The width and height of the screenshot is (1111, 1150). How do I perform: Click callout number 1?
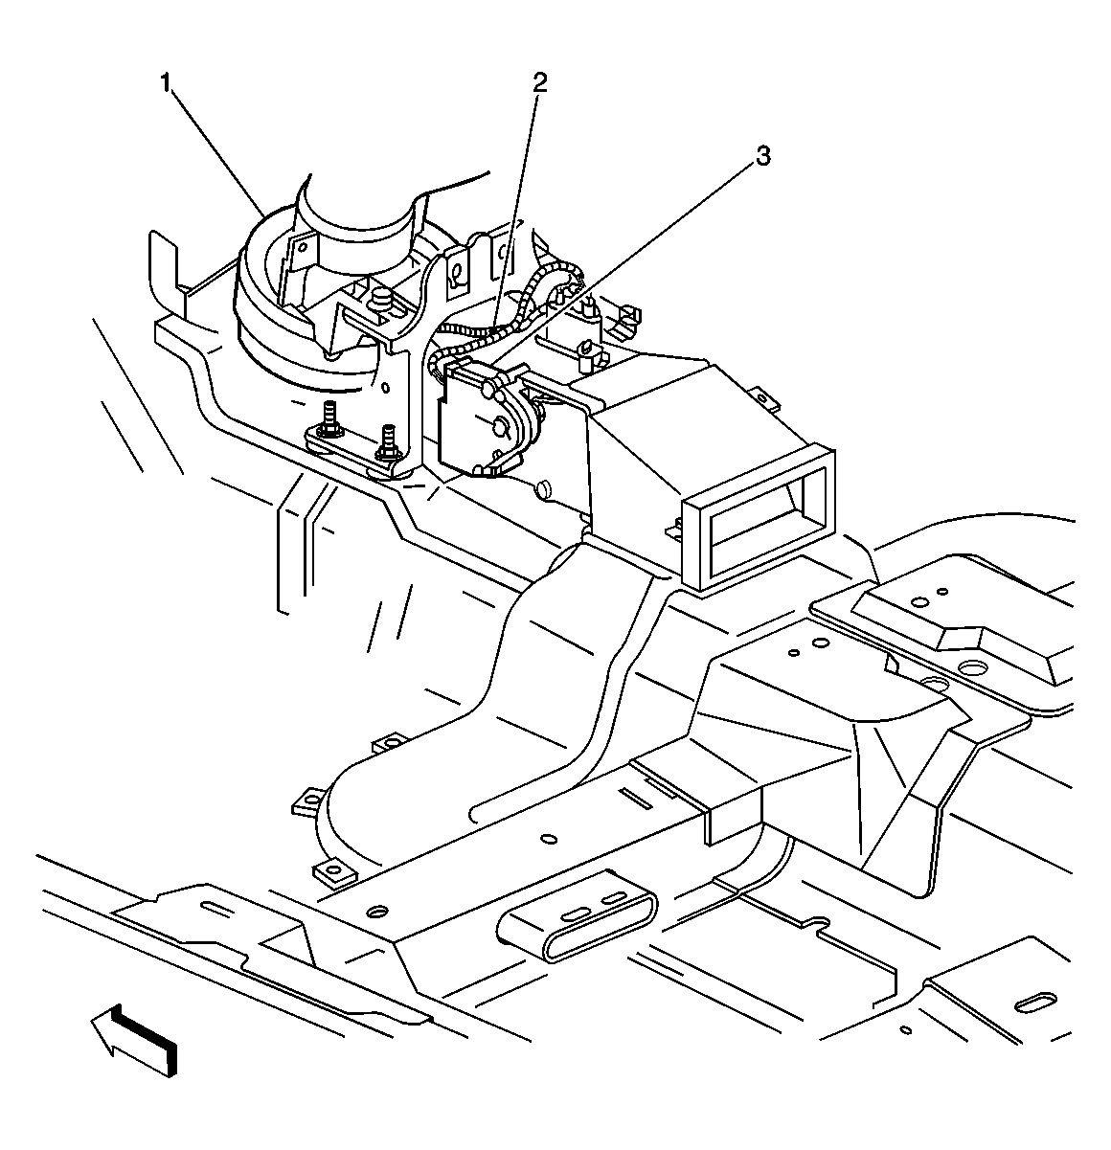pyautogui.click(x=167, y=83)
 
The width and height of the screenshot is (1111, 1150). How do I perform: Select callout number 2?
pyautogui.click(x=539, y=82)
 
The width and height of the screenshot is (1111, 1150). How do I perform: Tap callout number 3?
pyautogui.click(x=762, y=155)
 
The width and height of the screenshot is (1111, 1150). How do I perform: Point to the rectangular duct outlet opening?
pyautogui.click(x=759, y=520)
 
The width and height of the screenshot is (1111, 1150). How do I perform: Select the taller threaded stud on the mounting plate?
pyautogui.click(x=329, y=420)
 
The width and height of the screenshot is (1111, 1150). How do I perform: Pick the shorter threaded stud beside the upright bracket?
pyautogui.click(x=389, y=441)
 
